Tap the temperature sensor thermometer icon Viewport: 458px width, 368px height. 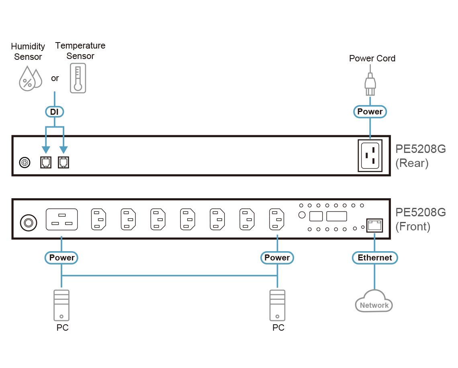[x=78, y=79]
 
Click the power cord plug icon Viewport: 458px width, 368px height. [x=370, y=84]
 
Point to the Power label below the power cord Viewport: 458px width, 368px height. [x=370, y=112]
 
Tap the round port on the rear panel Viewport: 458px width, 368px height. [x=25, y=163]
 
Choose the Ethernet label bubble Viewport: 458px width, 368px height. [x=375, y=258]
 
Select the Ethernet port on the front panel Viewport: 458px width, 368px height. [x=374, y=225]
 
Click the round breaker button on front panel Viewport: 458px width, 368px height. [x=29, y=221]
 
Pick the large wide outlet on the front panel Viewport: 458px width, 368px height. [x=62, y=219]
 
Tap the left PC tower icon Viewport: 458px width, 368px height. [x=62, y=305]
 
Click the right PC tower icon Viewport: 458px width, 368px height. [x=277, y=305]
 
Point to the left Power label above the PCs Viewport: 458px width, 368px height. [x=62, y=258]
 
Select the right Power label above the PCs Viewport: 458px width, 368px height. [x=277, y=258]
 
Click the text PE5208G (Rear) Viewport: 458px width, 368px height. [x=420, y=156]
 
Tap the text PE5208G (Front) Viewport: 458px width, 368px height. [x=420, y=219]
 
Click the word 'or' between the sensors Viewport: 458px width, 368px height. [x=55, y=78]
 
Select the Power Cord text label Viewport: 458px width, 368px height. [x=372, y=59]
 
